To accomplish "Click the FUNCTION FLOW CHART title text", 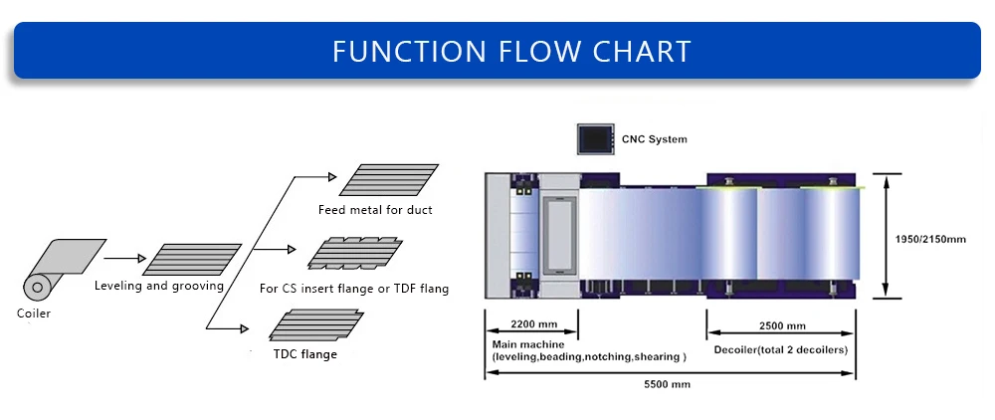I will [511, 51].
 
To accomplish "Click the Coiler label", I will [33, 314].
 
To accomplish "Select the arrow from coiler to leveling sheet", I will [124, 258].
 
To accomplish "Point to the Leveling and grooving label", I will [159, 286].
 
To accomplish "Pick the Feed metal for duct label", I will [375, 210].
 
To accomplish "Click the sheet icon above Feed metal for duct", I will [388, 180].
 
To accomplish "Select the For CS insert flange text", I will [353, 289].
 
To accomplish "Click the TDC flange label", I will [305, 353].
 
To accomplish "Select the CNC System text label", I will [654, 139].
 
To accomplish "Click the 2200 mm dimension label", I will [533, 324].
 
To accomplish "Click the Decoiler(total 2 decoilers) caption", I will [781, 349].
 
